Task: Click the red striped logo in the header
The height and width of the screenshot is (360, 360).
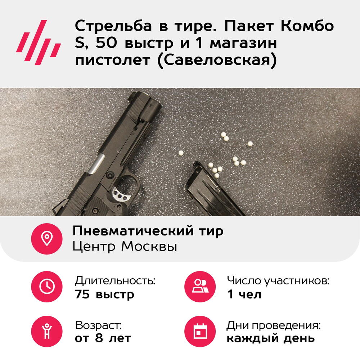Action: [x=39, y=42]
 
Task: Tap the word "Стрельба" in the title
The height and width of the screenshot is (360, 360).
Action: [x=113, y=26]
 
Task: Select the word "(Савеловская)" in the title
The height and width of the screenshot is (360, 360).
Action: [x=217, y=60]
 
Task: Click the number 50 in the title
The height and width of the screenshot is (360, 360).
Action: [x=106, y=43]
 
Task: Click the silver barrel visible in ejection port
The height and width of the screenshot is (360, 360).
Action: [x=96, y=164]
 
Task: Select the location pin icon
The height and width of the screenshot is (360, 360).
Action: [x=47, y=239]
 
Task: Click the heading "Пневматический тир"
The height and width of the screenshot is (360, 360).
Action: [x=148, y=231]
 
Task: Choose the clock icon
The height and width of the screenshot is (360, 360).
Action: [x=47, y=286]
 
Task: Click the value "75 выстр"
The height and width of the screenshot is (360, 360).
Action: [x=104, y=294]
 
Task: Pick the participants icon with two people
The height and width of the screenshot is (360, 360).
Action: [x=200, y=286]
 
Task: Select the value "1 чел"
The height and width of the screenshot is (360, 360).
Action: [x=244, y=294]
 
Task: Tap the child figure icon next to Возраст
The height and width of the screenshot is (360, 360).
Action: [x=47, y=331]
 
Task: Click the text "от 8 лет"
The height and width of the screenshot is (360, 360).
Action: [x=103, y=338]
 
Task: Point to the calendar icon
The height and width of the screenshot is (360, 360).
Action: [x=200, y=331]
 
